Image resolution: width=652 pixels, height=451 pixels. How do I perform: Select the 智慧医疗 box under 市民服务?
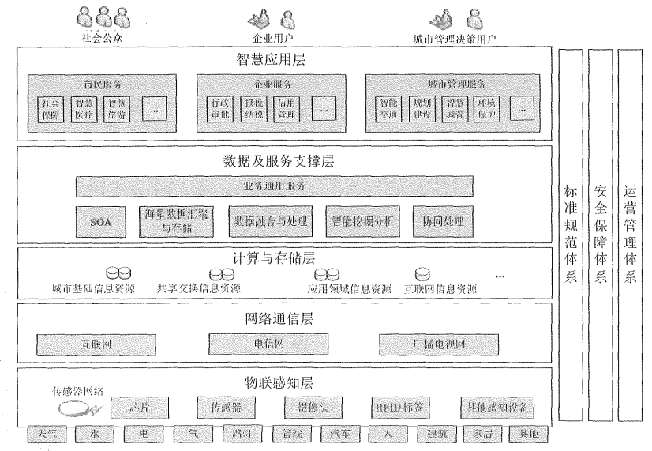tap(82, 108)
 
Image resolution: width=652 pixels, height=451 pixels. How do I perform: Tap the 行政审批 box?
tap(219, 108)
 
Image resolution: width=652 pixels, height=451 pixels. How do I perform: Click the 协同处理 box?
tap(443, 222)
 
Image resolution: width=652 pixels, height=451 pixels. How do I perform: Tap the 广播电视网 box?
tap(440, 344)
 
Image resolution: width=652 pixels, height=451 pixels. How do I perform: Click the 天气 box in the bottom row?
tap(46, 434)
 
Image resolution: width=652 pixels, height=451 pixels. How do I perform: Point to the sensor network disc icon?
tap(75, 409)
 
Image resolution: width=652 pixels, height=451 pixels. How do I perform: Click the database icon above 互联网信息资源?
tap(423, 275)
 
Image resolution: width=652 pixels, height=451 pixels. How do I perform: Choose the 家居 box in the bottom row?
tap(475, 434)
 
